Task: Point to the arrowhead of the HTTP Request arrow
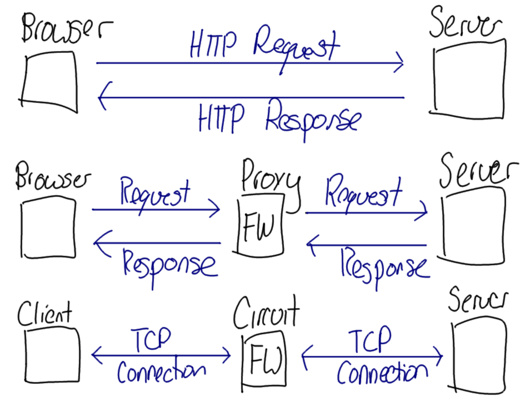click(x=400, y=63)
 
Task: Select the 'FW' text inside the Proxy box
click(x=259, y=225)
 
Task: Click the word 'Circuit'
click(x=266, y=314)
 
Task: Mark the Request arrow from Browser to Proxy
click(x=156, y=210)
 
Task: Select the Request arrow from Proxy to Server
click(x=367, y=212)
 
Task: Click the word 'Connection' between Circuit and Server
click(x=383, y=373)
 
